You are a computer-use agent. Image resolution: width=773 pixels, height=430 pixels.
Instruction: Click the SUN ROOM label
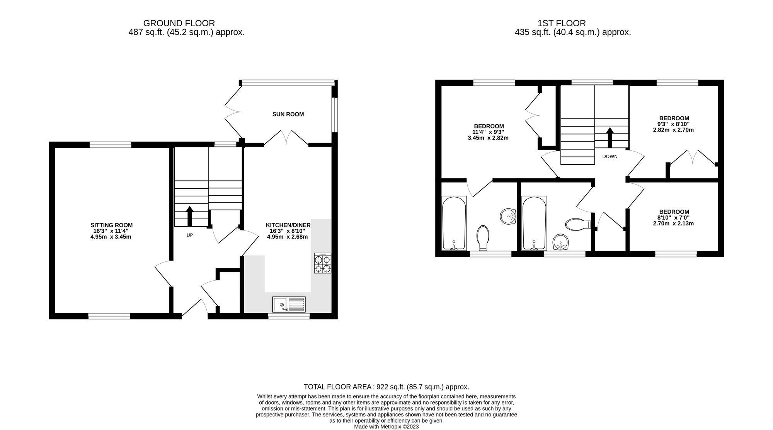tap(288, 114)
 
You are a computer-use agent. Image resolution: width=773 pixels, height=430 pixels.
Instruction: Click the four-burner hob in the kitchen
tap(322, 263)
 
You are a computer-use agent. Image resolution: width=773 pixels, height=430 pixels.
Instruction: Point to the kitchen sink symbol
tap(288, 304)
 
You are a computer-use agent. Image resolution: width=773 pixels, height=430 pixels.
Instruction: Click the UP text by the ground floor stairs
tap(189, 235)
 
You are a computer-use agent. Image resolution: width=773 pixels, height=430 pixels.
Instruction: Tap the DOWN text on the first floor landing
tap(610, 157)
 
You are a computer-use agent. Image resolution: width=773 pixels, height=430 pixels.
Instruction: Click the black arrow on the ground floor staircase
tap(189, 216)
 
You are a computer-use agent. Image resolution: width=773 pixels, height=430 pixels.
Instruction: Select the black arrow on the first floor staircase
tap(610, 137)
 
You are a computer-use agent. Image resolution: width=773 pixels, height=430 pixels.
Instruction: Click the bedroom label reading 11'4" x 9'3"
tap(489, 132)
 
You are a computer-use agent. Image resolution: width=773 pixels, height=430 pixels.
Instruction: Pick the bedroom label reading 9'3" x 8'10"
tap(674, 124)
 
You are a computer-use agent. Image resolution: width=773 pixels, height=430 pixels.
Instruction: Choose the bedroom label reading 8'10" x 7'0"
tap(674, 217)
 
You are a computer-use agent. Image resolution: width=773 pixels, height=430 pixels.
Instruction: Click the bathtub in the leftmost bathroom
tap(454, 224)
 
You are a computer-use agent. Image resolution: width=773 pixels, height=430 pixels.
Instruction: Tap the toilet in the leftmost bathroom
tap(483, 237)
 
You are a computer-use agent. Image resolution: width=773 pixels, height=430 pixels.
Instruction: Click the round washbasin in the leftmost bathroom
tap(508, 216)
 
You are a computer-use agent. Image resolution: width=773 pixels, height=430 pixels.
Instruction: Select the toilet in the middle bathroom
tap(577, 224)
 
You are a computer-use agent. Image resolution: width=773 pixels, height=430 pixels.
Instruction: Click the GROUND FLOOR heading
tap(179, 23)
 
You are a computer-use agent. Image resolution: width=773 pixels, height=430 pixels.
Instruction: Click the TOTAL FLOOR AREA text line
tap(386, 387)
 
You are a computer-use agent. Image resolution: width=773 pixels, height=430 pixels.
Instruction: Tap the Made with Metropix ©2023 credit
tap(386, 427)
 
